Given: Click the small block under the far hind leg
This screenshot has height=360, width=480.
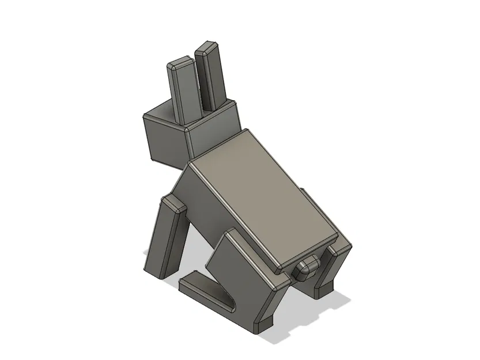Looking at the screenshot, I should pos(326,287).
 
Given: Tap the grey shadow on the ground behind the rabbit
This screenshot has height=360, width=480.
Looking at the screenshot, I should pos(323,311).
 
